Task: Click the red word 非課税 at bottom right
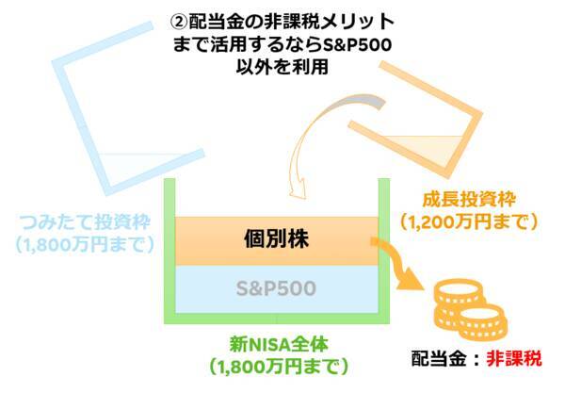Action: [521, 358]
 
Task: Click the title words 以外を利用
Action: [282, 68]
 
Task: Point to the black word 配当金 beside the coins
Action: [438, 358]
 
